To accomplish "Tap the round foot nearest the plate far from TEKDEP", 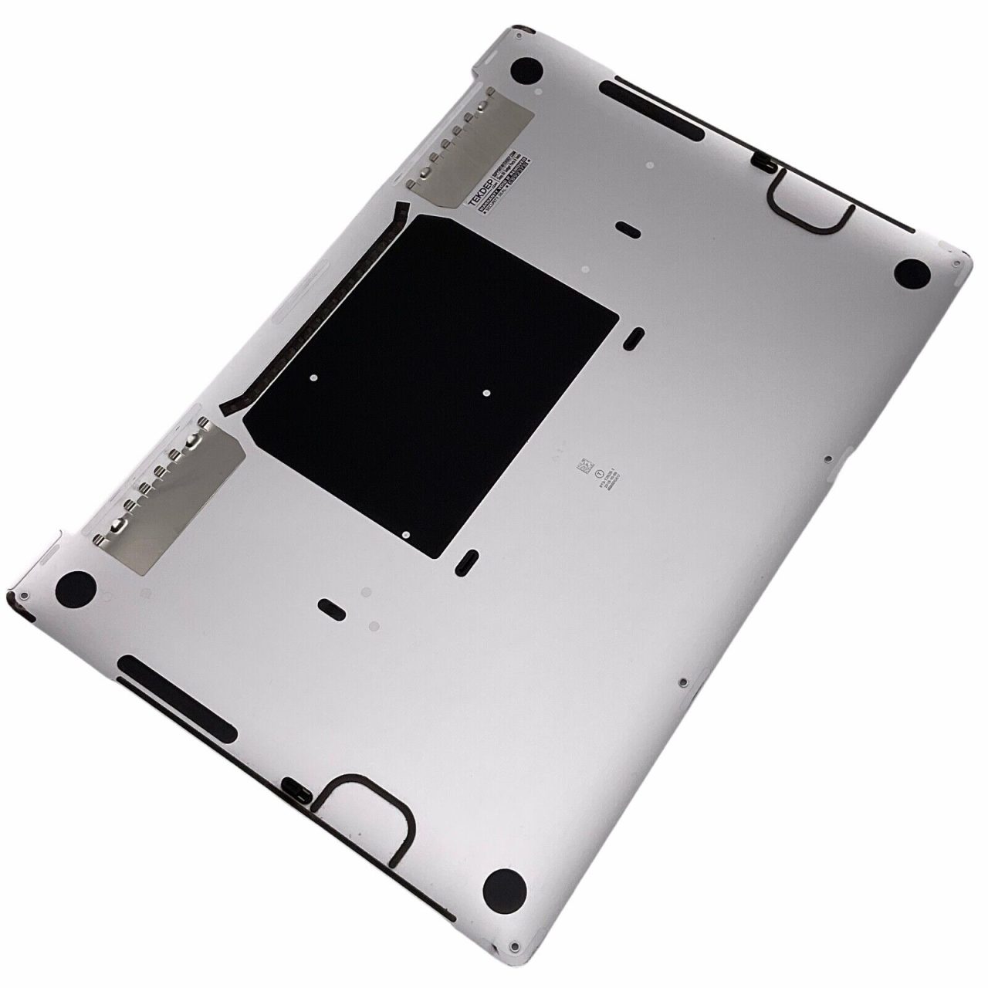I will click(x=76, y=590).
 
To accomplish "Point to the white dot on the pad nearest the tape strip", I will click(x=313, y=378).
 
